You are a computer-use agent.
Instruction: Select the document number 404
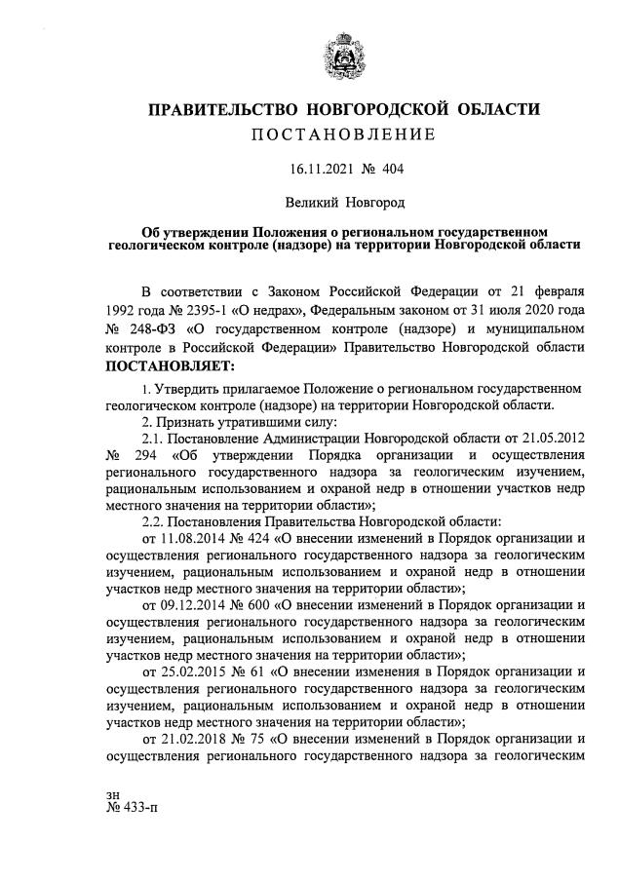pyautogui.click(x=391, y=170)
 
